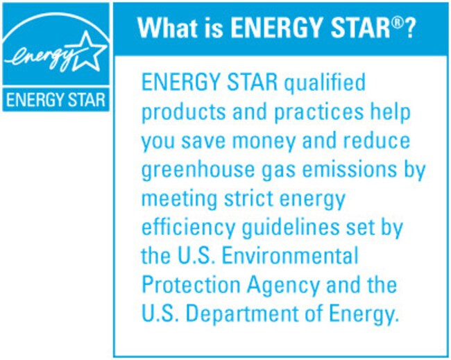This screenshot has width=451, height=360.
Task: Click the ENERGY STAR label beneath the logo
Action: tap(56, 100)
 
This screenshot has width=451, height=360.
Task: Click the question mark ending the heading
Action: tap(409, 28)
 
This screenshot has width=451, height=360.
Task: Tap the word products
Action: tap(184, 112)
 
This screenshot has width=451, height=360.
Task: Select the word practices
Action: tap(319, 112)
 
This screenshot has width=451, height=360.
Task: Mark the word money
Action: tap(264, 142)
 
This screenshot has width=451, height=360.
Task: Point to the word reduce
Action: tap(377, 141)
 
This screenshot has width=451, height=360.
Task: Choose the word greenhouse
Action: tap(198, 171)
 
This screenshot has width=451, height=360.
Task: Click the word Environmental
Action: tap(290, 256)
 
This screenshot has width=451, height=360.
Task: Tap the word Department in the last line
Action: tap(242, 314)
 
